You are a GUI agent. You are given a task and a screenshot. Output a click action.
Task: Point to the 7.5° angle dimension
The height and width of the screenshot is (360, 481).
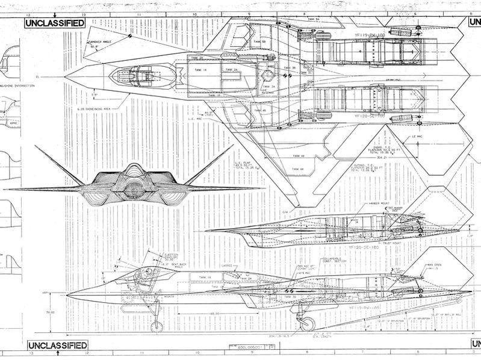pos(94,95)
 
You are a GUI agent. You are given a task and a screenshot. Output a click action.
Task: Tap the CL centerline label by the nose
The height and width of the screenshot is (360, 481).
pos(37,77)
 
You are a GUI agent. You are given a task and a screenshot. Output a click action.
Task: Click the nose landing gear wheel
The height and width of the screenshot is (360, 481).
pos(157,327)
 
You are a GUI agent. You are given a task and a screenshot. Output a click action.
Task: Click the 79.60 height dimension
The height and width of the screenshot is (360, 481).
pos(23,312)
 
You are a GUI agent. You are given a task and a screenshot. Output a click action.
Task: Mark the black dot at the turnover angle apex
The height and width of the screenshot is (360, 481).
pos(129,35)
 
